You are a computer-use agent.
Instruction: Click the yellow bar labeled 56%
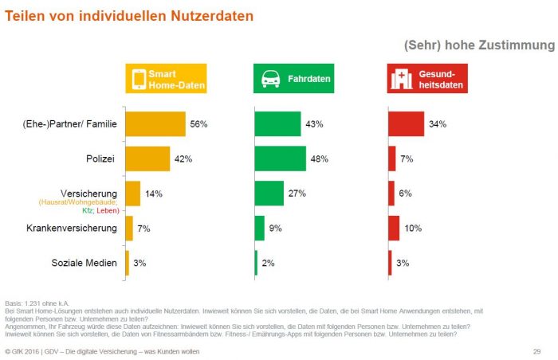155,123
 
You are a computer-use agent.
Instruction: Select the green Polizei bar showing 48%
280,158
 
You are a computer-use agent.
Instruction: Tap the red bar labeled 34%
406,123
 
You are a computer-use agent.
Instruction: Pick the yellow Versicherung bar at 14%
132,194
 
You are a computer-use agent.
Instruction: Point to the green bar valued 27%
269,194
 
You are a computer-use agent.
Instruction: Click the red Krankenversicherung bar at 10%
394,229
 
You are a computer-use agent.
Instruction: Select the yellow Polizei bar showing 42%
147,158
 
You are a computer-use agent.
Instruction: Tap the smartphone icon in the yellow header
138,79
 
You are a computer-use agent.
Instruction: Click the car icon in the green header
271,79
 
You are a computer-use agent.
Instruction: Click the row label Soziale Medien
84,263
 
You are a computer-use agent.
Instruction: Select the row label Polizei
100,158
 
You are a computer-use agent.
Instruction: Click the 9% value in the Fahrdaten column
274,229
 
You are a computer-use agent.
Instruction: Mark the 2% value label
268,263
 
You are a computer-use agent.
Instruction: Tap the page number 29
536,351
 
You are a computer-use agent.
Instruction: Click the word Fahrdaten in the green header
310,79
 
